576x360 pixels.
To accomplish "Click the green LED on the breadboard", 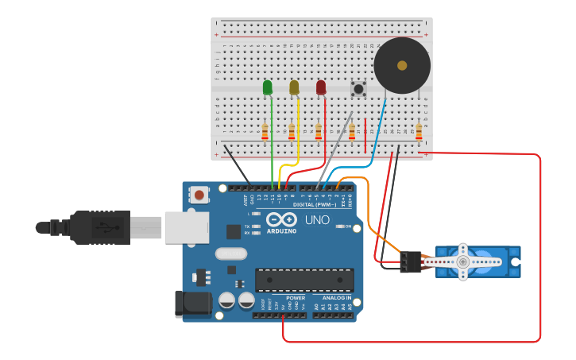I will point(268,87).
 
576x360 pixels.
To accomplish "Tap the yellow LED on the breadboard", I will point(294,87).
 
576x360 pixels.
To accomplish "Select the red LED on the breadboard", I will point(321,87).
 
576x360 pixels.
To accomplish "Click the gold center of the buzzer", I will point(402,65).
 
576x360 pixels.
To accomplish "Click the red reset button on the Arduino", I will point(199,194).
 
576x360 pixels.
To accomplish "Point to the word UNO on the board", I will point(317,219).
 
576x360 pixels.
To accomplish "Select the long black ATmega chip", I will point(304,280).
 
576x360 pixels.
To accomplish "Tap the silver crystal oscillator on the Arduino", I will point(230,254).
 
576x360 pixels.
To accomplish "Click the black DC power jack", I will point(192,304).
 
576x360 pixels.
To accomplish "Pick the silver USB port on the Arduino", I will point(187,227).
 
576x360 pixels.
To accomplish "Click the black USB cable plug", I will point(99,227).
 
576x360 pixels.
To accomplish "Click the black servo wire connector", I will point(410,261).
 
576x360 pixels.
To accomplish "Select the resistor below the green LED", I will point(265,130).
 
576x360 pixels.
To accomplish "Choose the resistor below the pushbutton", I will point(352,130).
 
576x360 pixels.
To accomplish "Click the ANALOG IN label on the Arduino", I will point(337,298).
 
